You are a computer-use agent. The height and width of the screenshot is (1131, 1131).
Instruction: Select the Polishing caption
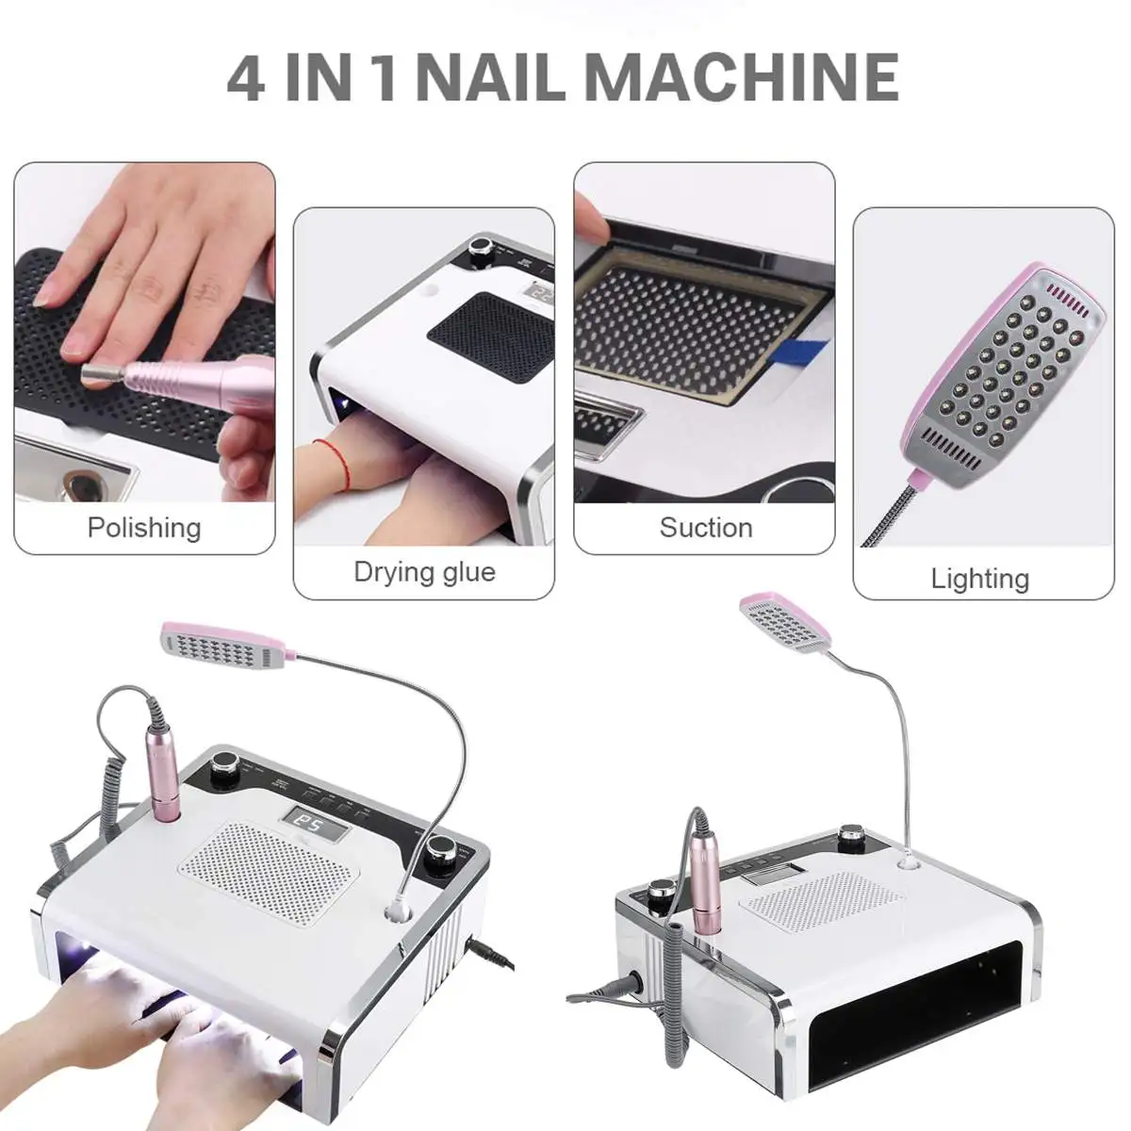click(x=144, y=527)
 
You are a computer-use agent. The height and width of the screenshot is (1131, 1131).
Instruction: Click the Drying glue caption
click(x=424, y=571)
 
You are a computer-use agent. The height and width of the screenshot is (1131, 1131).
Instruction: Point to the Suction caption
click(x=705, y=527)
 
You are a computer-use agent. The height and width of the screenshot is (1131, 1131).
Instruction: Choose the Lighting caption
click(x=980, y=578)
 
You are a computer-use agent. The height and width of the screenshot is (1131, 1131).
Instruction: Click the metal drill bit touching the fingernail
click(x=95, y=376)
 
